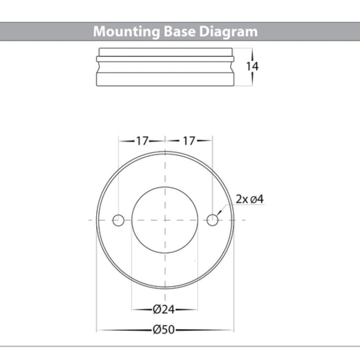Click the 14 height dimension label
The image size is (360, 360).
(252, 67)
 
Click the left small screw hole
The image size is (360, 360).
(118, 220)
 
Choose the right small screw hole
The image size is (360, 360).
(213, 220)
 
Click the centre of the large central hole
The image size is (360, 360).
(165, 220)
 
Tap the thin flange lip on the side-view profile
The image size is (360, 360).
(165, 59)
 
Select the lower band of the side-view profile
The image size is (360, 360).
(165, 80)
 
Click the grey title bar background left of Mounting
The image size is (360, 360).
(43, 32)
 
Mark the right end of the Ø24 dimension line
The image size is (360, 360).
(197, 309)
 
